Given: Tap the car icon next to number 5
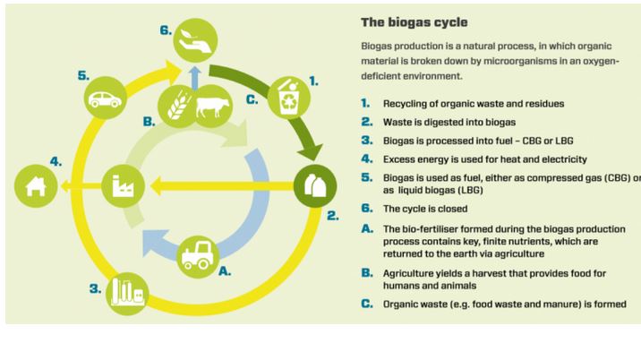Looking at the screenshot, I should coord(105,99).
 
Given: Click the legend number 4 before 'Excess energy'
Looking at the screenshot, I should coord(365,159).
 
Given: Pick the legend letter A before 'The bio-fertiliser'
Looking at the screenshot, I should coord(365,228).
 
